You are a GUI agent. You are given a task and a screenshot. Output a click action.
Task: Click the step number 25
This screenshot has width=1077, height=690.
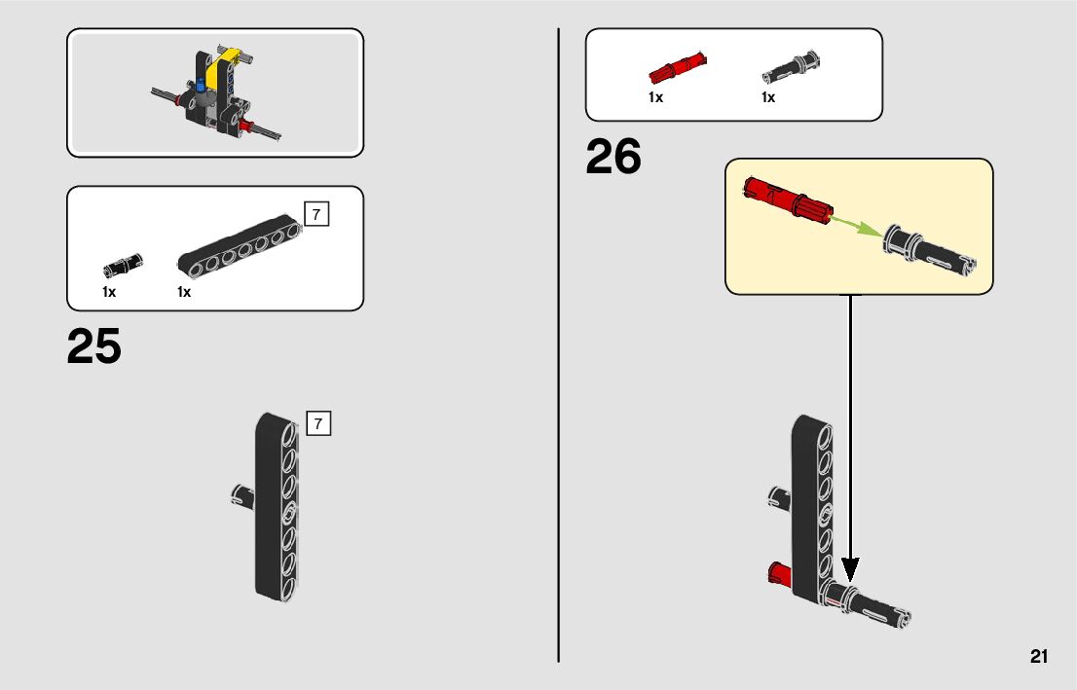[94, 347]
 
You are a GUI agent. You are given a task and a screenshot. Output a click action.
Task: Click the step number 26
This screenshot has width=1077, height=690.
[613, 158]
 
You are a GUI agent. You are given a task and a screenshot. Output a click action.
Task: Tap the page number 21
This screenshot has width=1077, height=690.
[1038, 656]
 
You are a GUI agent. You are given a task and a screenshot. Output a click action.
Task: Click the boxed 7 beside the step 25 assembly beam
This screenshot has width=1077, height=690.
[318, 424]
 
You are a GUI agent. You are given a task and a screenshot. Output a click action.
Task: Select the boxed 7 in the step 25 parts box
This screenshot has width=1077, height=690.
[317, 214]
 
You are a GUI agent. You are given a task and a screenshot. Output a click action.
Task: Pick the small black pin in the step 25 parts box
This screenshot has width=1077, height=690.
[123, 263]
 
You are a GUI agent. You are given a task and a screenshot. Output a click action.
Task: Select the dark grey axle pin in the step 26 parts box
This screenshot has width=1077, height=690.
[791, 67]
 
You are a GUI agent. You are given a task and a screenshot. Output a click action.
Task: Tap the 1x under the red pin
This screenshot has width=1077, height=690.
[655, 97]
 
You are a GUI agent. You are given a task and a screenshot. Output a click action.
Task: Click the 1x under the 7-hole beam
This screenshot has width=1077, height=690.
[184, 292]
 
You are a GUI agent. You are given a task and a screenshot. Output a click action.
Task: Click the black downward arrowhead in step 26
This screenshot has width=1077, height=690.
[850, 569]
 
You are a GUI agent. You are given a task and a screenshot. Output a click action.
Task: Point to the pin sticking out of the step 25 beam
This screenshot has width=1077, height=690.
[241, 495]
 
